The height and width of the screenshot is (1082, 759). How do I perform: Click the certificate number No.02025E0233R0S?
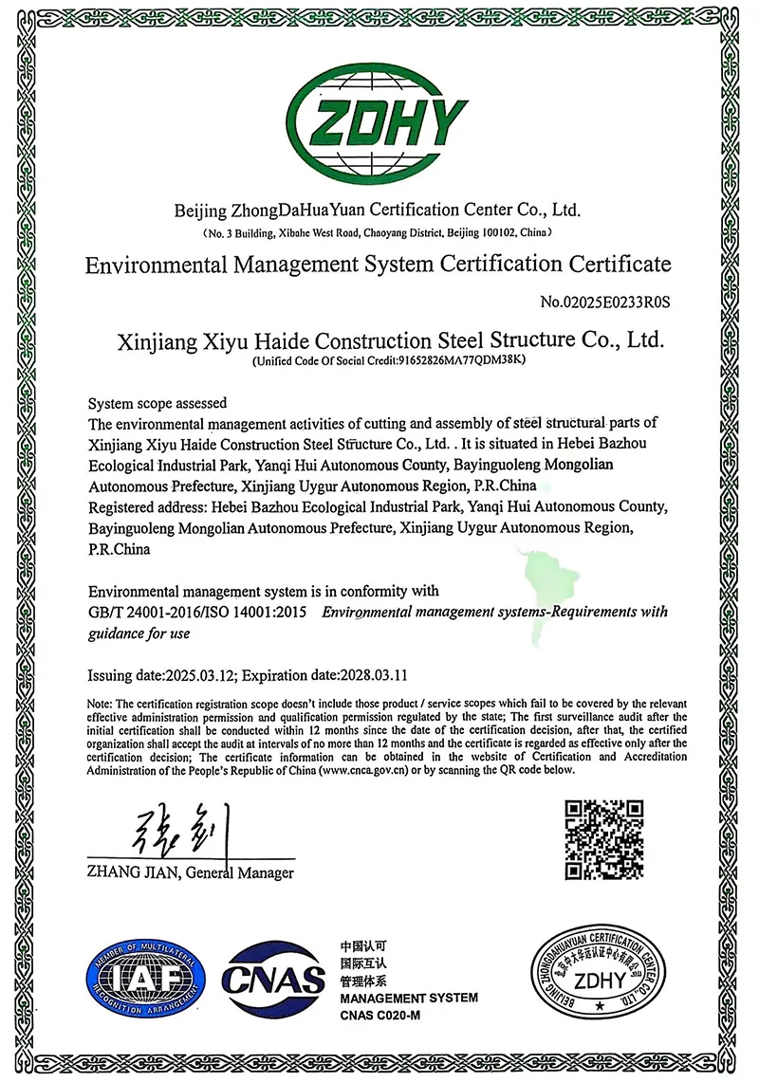605,303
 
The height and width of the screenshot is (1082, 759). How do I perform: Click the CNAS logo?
272,981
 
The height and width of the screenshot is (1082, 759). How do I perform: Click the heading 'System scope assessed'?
157,403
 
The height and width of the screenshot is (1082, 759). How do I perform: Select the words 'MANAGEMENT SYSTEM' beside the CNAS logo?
408,998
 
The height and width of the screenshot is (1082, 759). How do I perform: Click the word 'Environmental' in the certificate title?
155,264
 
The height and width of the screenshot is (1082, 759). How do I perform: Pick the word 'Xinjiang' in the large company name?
151,339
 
